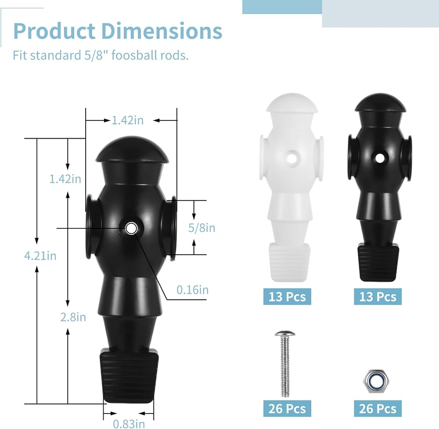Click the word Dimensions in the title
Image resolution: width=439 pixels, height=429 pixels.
162,31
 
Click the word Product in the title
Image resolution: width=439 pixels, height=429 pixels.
54,31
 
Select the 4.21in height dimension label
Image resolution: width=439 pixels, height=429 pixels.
40,256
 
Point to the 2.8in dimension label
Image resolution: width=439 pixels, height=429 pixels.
73,317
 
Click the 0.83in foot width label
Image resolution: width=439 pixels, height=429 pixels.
129,424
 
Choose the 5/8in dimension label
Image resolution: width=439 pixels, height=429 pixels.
202,227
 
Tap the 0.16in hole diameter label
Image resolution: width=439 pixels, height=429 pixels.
193,290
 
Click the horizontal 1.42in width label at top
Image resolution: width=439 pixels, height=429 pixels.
128,120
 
